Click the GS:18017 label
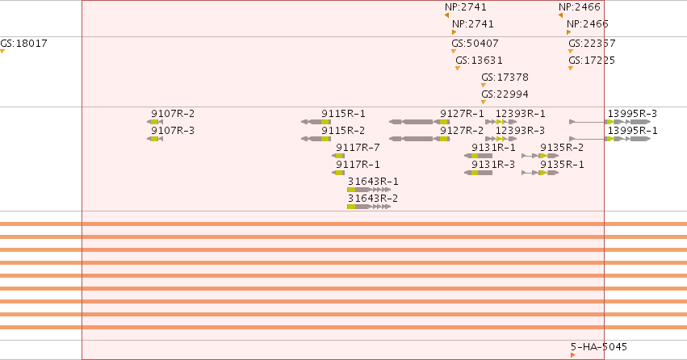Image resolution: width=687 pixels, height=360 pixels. (x=23, y=44)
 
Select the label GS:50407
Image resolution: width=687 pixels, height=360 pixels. (x=475, y=44)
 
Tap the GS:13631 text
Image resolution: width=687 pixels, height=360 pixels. (x=479, y=61)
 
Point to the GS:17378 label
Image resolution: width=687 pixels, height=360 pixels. (x=505, y=77)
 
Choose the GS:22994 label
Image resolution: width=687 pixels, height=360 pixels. (x=505, y=94)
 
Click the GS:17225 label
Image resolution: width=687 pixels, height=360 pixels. (x=592, y=61)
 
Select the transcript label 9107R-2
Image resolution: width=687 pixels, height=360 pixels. (x=173, y=114)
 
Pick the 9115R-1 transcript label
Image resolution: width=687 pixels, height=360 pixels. (x=343, y=114)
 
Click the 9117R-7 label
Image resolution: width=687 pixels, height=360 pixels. (x=358, y=148)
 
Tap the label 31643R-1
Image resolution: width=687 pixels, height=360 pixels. (x=373, y=182)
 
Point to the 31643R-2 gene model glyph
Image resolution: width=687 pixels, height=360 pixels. (x=369, y=207)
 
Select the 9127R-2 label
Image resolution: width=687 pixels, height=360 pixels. (x=462, y=131)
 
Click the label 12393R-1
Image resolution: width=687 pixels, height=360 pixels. (x=521, y=114)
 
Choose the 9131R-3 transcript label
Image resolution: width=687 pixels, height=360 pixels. (x=493, y=165)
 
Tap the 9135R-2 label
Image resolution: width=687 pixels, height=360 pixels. (x=562, y=148)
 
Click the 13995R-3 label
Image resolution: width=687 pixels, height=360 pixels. (x=632, y=114)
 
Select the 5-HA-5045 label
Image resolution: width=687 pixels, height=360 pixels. (x=599, y=347)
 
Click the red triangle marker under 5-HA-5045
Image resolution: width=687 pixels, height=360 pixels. (x=572, y=355)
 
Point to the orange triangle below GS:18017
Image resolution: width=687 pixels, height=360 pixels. (x=2, y=52)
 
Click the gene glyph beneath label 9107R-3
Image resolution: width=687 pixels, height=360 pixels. (x=155, y=139)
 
